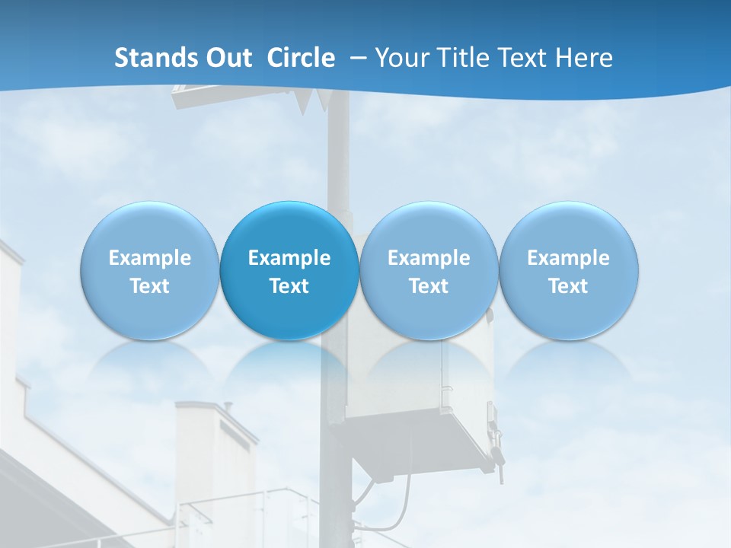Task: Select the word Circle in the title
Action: click(x=301, y=58)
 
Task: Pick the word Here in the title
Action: click(x=584, y=58)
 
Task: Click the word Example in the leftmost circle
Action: click(x=149, y=258)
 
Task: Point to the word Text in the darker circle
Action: click(x=289, y=286)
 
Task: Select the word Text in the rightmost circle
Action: click(x=569, y=286)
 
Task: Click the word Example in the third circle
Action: click(x=429, y=258)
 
